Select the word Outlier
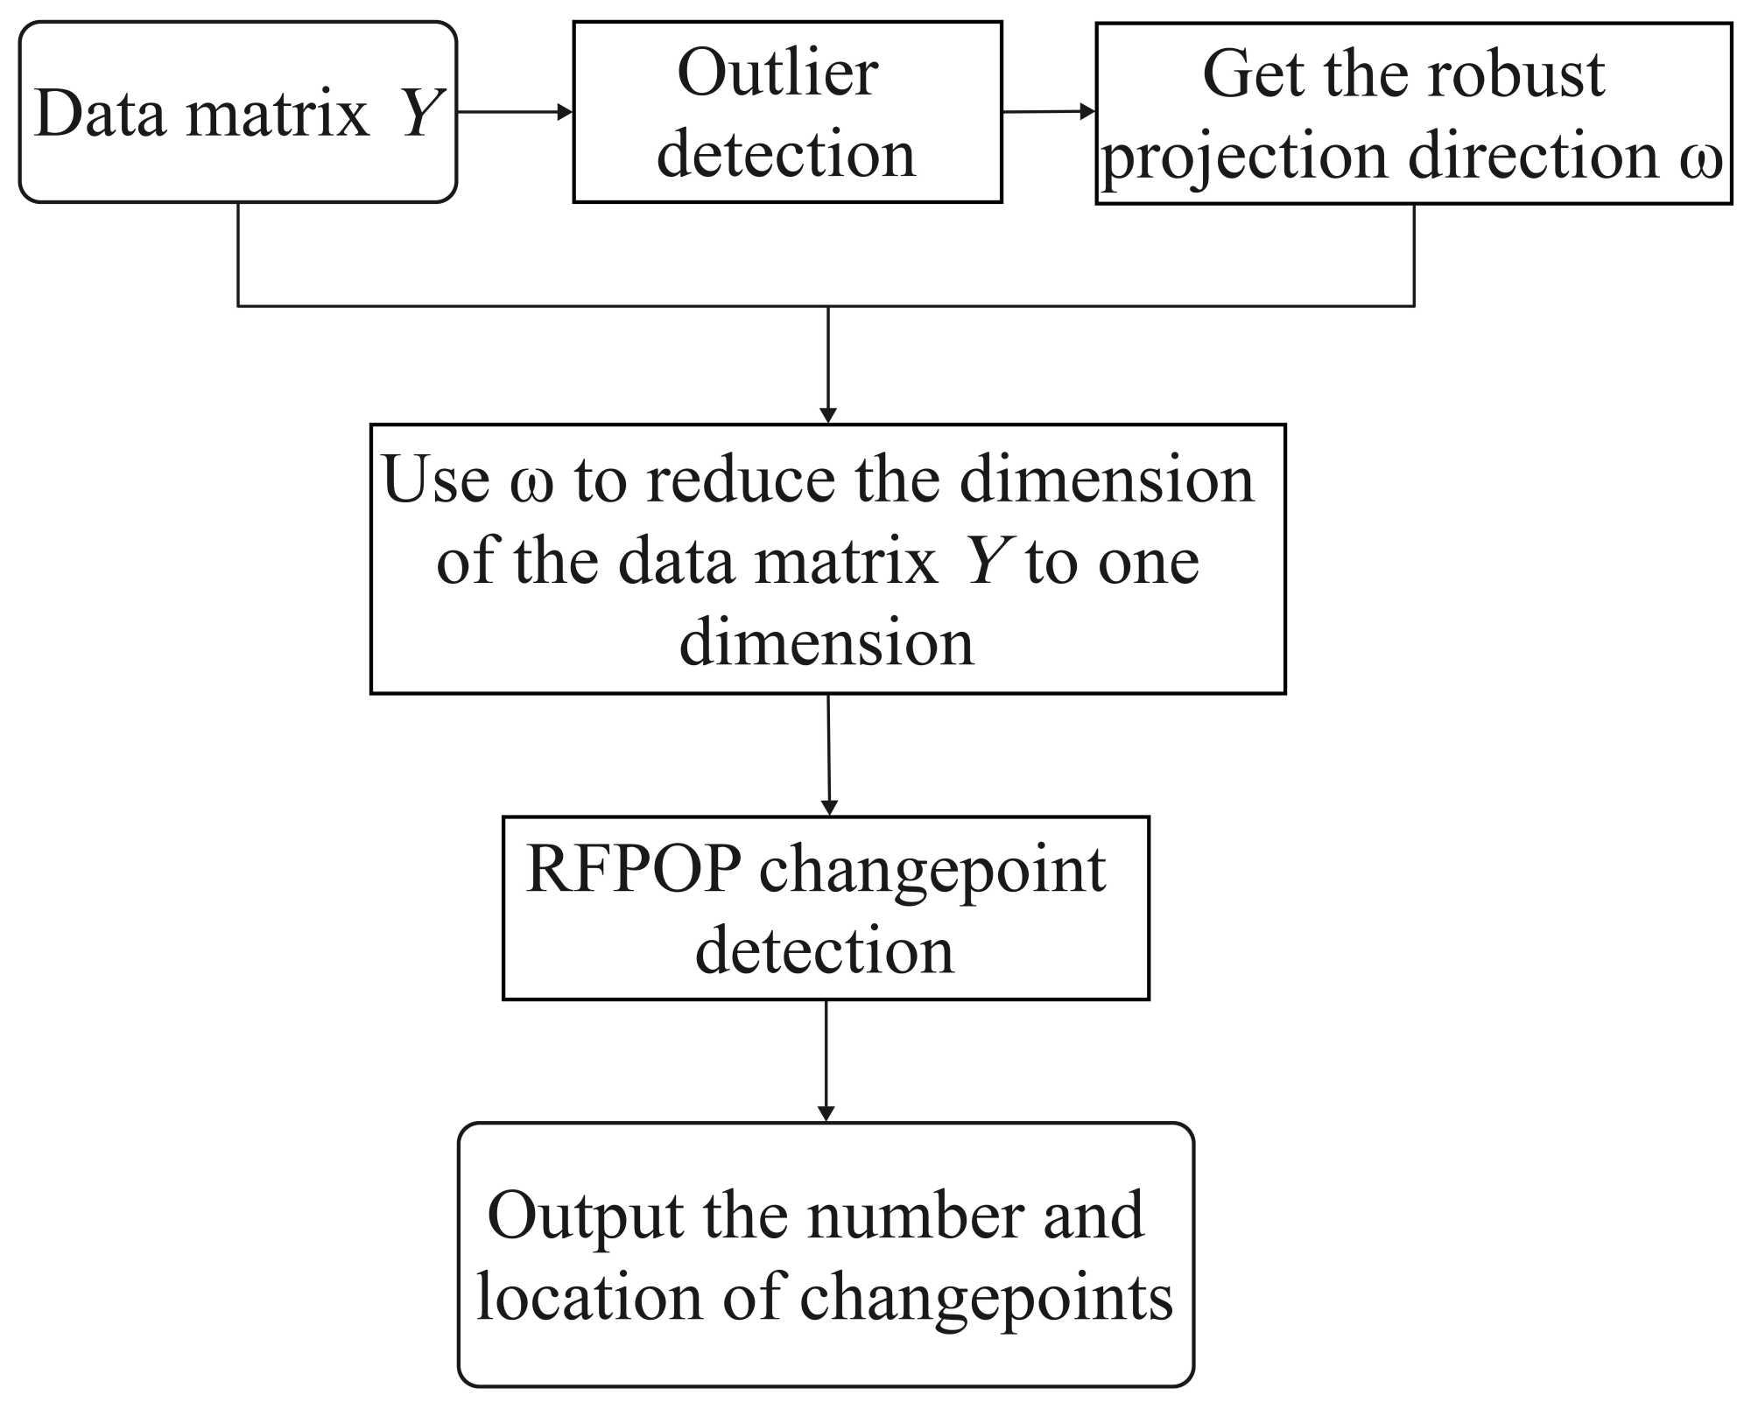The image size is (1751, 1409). tap(777, 73)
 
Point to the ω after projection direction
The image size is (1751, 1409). tap(1701, 158)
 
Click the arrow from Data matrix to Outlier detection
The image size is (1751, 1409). tap(515, 112)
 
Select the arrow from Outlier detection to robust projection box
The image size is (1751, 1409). tap(1048, 111)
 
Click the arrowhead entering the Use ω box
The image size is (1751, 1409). tap(827, 415)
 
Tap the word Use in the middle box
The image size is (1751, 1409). tap(435, 480)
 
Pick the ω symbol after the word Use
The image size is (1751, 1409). tap(531, 482)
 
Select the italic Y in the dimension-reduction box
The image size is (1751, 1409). tap(986, 561)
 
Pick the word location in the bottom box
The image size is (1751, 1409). tap(589, 1297)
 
